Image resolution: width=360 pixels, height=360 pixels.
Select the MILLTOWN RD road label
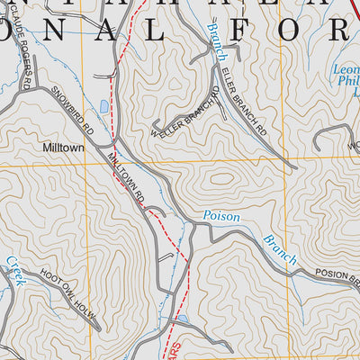125,176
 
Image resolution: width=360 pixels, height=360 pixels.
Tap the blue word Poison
221,216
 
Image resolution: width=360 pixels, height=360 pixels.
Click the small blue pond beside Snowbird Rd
104,105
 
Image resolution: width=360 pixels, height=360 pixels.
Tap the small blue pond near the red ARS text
184,318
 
